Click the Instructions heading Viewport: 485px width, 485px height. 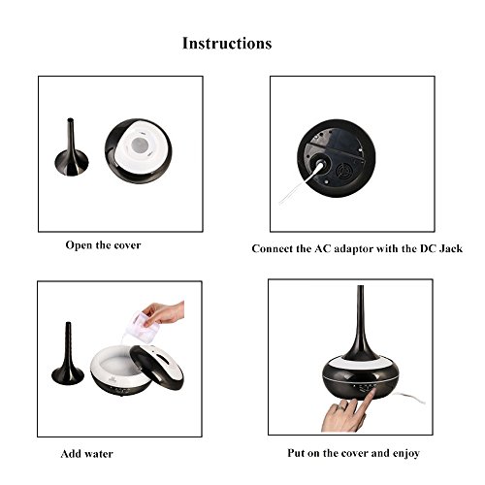click(227, 44)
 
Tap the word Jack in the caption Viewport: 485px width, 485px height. click(450, 248)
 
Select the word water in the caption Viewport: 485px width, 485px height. click(98, 454)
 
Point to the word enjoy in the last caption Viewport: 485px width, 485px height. click(406, 454)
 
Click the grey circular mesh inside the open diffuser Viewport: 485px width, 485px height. click(139, 144)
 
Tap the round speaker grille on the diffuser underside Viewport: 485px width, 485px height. click(343, 171)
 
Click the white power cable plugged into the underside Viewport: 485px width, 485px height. click(301, 182)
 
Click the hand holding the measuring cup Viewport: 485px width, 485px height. click(163, 312)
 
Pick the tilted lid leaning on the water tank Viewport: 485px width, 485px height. click(157, 367)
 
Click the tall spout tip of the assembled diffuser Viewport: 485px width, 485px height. click(360, 287)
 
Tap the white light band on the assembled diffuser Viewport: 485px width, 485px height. click(360, 362)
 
